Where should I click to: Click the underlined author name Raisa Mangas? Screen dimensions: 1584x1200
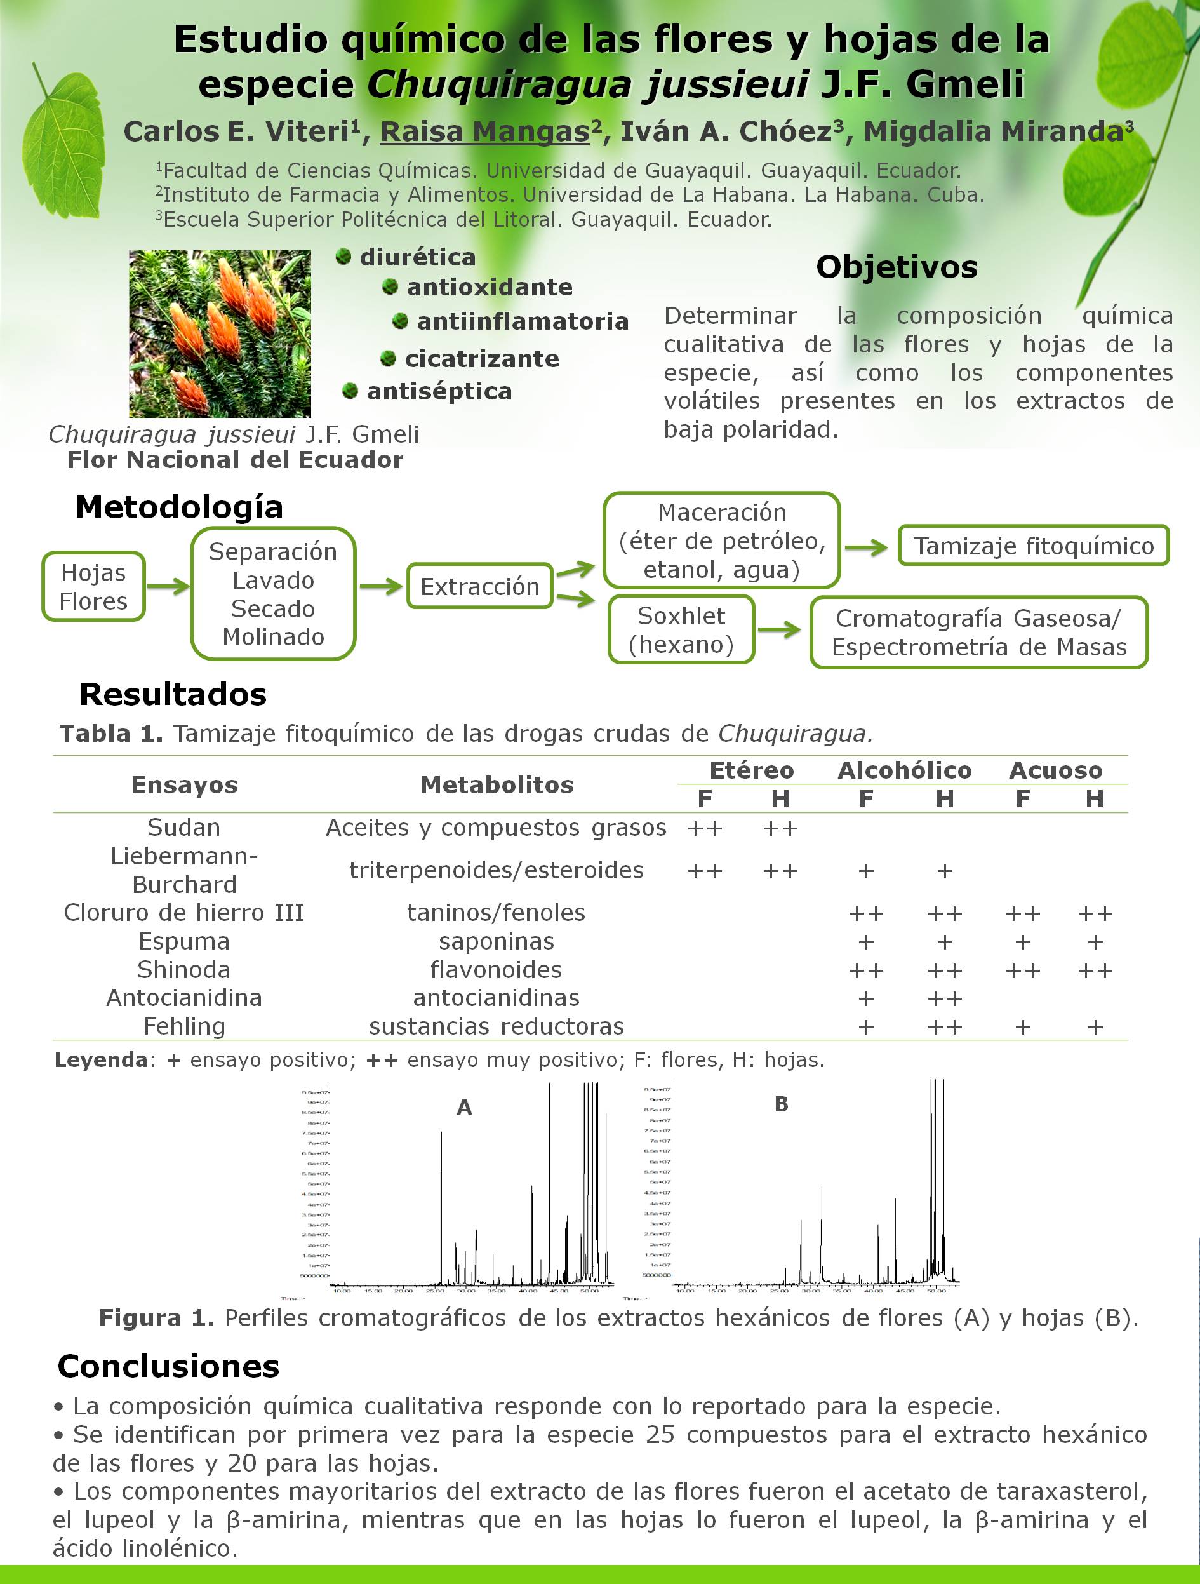[x=484, y=131]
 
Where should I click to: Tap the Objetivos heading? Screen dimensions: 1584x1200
[x=897, y=267]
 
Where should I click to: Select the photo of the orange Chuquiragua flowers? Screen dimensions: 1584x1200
[x=220, y=333]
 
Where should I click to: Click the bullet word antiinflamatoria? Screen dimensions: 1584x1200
[x=523, y=321]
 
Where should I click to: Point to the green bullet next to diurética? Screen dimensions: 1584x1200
[x=343, y=257]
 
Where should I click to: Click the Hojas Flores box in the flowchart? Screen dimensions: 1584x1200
[x=94, y=586]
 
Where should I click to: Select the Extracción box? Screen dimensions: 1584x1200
[x=480, y=586]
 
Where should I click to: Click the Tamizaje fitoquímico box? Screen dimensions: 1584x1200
[x=1033, y=546]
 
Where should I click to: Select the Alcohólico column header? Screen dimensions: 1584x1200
[x=904, y=770]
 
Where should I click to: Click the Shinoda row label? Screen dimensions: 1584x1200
[x=184, y=970]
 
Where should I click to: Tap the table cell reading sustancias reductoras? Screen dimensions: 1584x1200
[x=496, y=1026]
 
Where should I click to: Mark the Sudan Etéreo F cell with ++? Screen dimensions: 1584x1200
[x=705, y=829]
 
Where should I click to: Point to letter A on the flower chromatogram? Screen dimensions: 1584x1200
[x=464, y=1108]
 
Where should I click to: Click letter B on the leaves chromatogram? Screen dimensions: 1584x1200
[x=781, y=1104]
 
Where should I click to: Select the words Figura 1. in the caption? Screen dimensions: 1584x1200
[x=156, y=1318]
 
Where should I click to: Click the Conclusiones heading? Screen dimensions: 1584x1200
[x=168, y=1366]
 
